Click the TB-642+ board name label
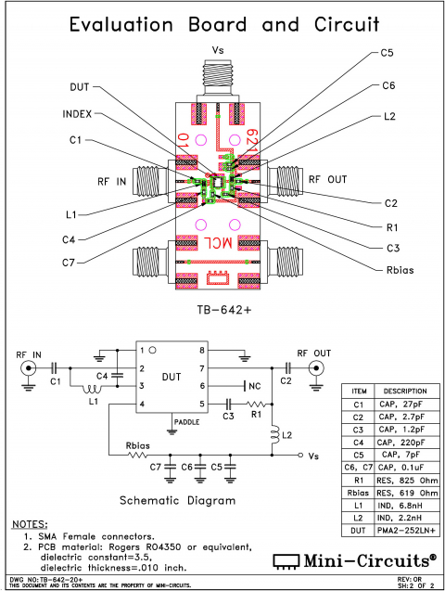222,309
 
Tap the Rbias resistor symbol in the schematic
138,456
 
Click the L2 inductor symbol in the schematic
273,435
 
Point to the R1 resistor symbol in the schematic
256,405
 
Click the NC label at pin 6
255,385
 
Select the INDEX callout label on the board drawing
78,115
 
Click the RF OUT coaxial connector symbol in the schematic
318,368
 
